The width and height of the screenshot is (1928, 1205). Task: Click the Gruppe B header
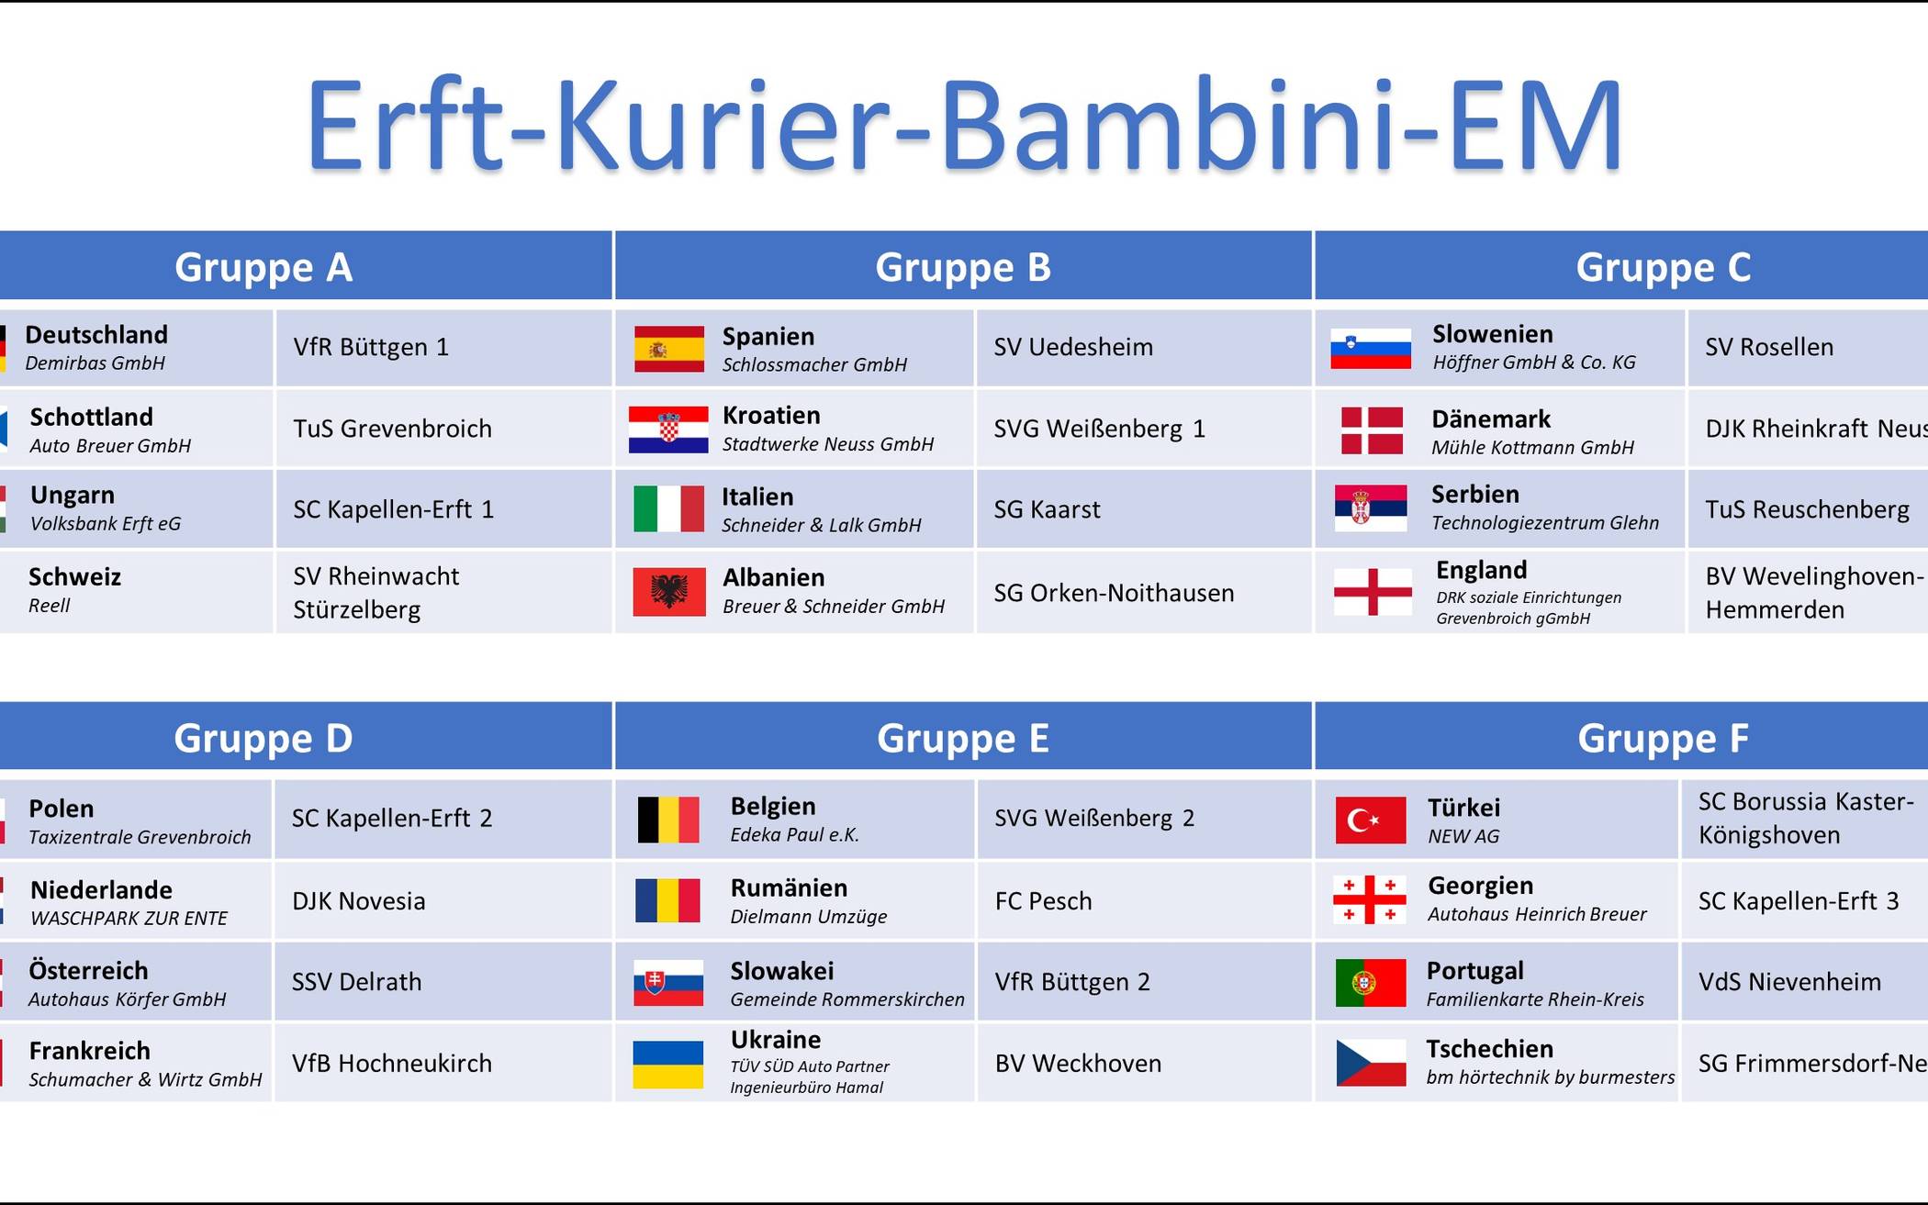coord(963,266)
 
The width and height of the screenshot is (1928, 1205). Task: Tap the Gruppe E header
coord(963,737)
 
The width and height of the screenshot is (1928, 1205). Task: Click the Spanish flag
coord(669,349)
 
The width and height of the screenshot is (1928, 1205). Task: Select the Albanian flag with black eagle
coord(669,592)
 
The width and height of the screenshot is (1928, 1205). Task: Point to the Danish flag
coord(1372,430)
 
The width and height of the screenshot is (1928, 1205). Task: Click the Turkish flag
coord(1371,820)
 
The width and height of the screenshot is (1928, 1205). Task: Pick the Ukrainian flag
coord(668,1065)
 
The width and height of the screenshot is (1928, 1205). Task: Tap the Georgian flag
coord(1370,899)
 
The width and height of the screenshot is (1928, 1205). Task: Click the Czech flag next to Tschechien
coord(1371,1063)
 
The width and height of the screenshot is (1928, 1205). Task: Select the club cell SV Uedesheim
coord(1144,348)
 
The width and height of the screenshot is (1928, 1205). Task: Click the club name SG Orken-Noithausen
coord(1114,593)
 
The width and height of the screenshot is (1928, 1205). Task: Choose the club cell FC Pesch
coord(1144,900)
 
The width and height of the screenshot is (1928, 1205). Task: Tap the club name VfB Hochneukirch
coord(392,1063)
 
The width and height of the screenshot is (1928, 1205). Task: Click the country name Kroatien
coord(771,415)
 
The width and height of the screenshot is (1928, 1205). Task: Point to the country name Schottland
coord(92,417)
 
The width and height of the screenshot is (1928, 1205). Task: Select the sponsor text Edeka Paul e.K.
coord(795,834)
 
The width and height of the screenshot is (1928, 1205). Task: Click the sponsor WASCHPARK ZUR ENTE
coord(129,918)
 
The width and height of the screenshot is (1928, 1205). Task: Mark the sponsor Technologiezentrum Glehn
coord(1545,522)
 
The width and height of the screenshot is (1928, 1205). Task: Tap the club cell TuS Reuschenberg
coord(1807,509)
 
